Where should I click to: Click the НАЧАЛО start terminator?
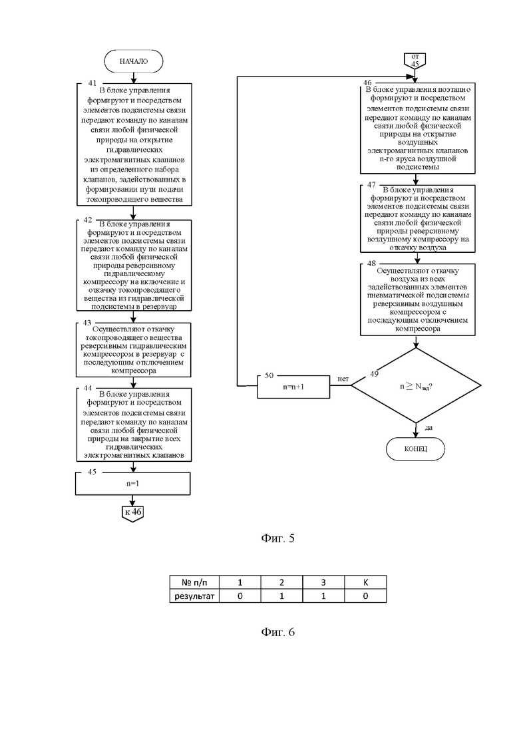133,61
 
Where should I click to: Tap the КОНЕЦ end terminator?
415,449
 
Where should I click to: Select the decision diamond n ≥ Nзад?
416,386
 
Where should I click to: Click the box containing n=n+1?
293,387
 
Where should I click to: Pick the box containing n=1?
133,484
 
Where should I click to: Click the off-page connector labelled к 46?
132,514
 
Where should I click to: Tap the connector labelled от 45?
415,61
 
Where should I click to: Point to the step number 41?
92,83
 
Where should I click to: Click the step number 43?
88,323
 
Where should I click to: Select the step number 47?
371,185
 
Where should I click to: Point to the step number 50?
269,375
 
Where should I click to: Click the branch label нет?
343,379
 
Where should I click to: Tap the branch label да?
429,427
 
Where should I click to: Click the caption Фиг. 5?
278,538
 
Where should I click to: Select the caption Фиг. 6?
278,632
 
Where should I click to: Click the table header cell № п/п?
194,582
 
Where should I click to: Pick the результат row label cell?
194,596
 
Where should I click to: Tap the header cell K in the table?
365,582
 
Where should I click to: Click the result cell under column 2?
281,596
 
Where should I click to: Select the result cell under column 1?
240,596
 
